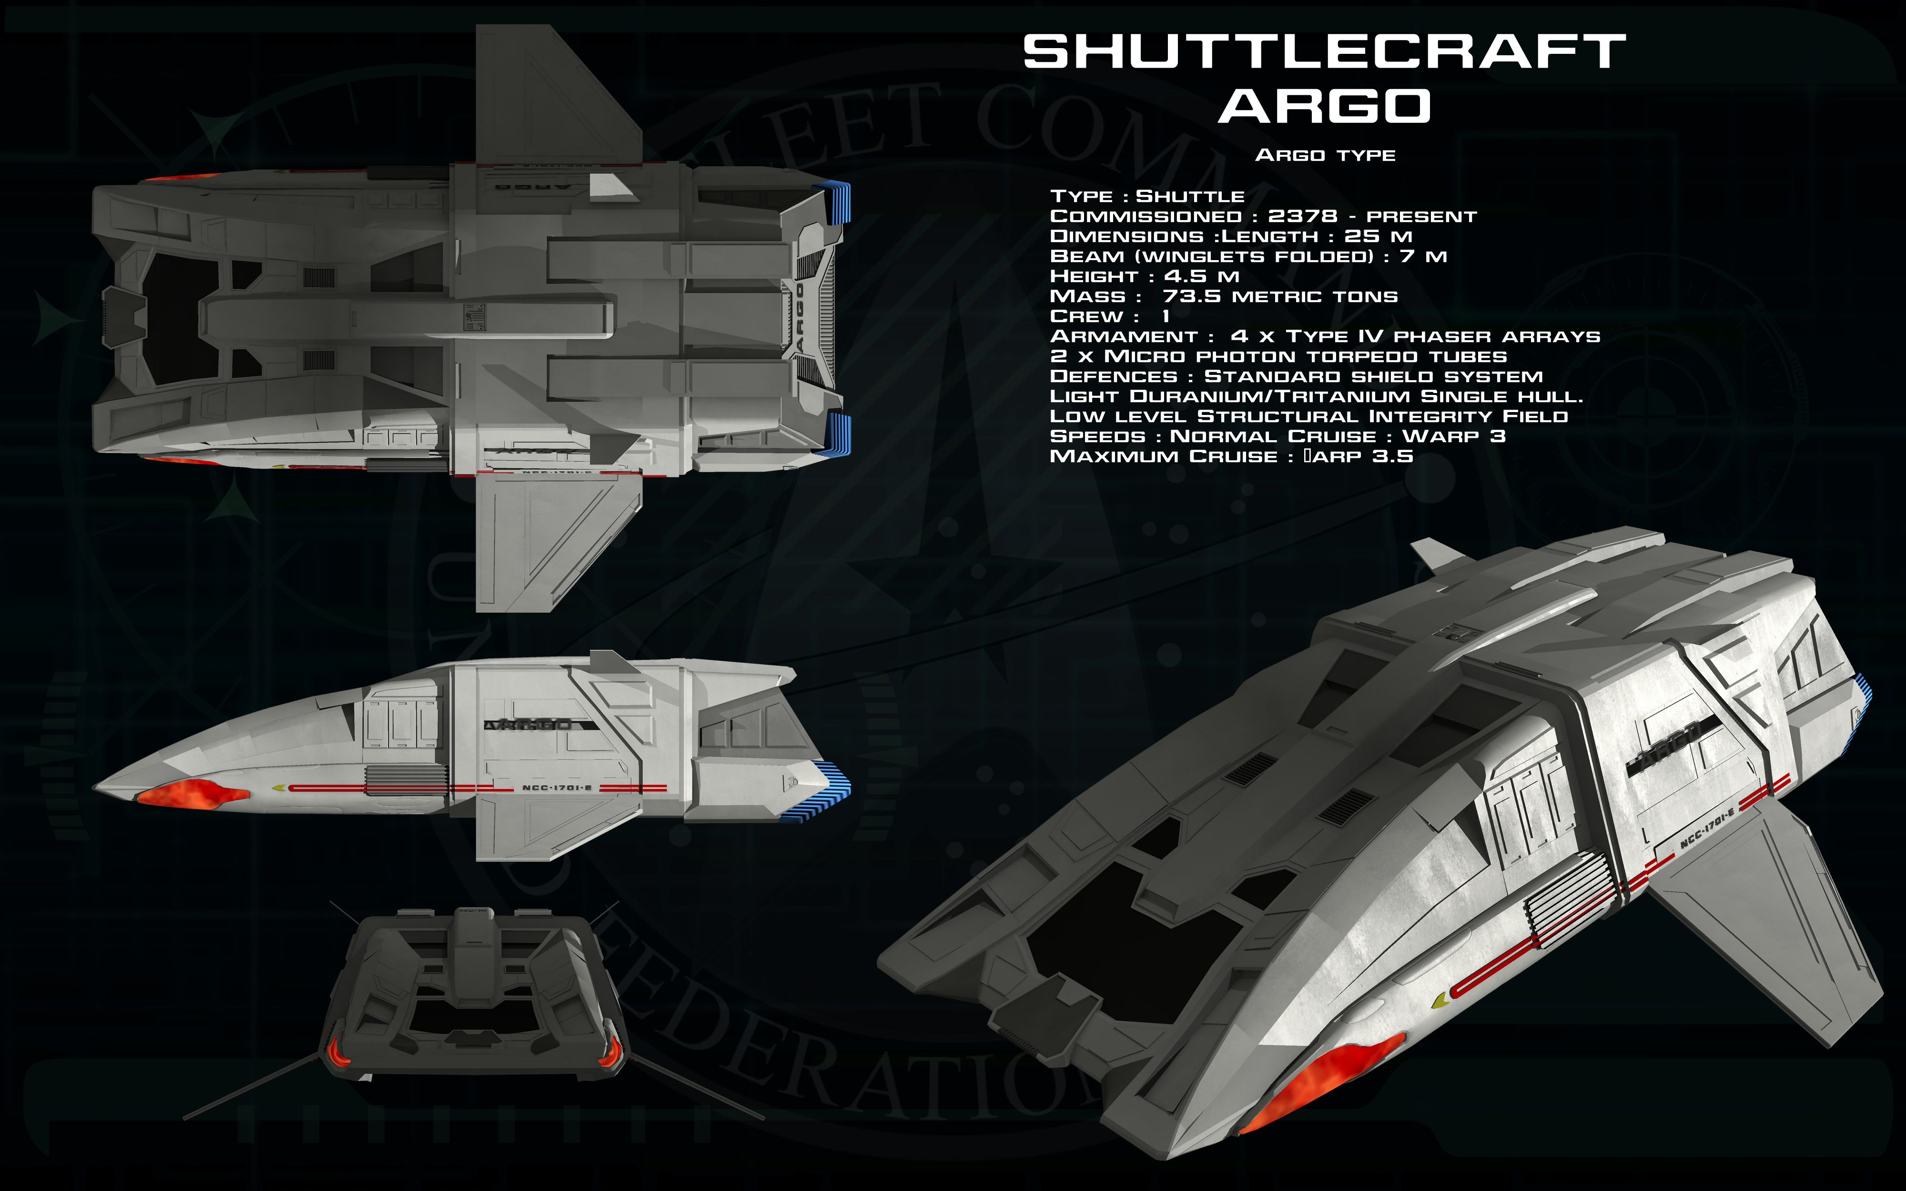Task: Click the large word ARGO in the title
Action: [x=1325, y=106]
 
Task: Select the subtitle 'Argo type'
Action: [x=1325, y=155]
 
